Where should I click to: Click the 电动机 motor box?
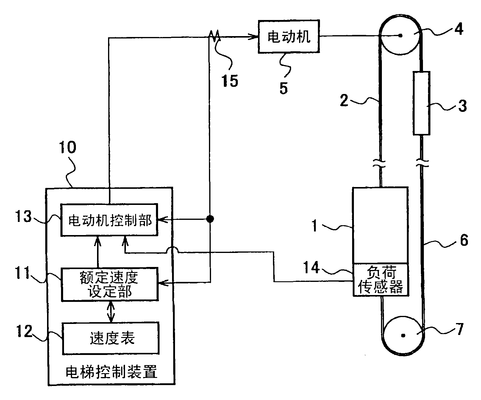pyautogui.click(x=288, y=37)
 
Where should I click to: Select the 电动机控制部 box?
pyautogui.click(x=109, y=220)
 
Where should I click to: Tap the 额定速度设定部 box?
pyautogui.click(x=109, y=285)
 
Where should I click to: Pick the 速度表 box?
pyautogui.click(x=110, y=338)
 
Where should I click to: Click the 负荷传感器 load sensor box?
pyautogui.click(x=380, y=280)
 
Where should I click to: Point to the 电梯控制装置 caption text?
pyautogui.click(x=111, y=372)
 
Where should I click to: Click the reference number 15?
pyautogui.click(x=230, y=81)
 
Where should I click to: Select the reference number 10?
pyautogui.click(x=68, y=147)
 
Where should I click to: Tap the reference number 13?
pyautogui.click(x=24, y=217)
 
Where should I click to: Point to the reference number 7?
pyautogui.click(x=460, y=329)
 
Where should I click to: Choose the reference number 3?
pyautogui.click(x=462, y=106)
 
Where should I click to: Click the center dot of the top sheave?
pyautogui.click(x=400, y=36)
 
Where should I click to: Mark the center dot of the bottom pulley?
pyautogui.click(x=403, y=336)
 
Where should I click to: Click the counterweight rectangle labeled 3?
pyautogui.click(x=421, y=103)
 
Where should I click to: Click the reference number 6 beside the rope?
pyautogui.click(x=464, y=240)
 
